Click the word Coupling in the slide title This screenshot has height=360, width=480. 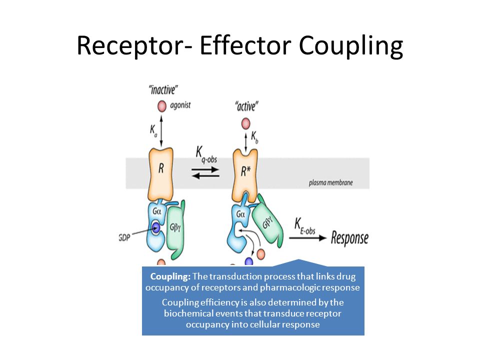pyautogui.click(x=351, y=46)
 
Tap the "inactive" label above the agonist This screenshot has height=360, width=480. pyautogui.click(x=163, y=90)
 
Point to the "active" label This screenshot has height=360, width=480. pyautogui.click(x=246, y=106)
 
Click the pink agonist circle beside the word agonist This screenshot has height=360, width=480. pyautogui.click(x=161, y=106)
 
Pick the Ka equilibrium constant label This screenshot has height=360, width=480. pyautogui.click(x=153, y=130)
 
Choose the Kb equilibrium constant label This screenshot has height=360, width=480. pyautogui.click(x=254, y=137)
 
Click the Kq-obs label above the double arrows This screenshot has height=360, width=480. pyautogui.click(x=206, y=154)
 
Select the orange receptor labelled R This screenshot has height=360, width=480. pyautogui.click(x=160, y=173)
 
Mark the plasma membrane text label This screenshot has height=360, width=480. pyautogui.click(x=330, y=183)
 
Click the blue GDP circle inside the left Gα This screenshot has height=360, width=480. pyautogui.click(x=156, y=227)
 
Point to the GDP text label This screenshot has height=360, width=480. pyautogui.click(x=124, y=237)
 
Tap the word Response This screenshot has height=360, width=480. pyautogui.click(x=349, y=238)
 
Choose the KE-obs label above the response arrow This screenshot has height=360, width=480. pyautogui.click(x=304, y=226)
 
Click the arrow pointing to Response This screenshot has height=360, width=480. pyautogui.click(x=307, y=238)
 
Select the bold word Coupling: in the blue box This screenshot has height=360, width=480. pyautogui.click(x=170, y=276)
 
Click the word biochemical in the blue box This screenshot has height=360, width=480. pyautogui.click(x=188, y=313)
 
